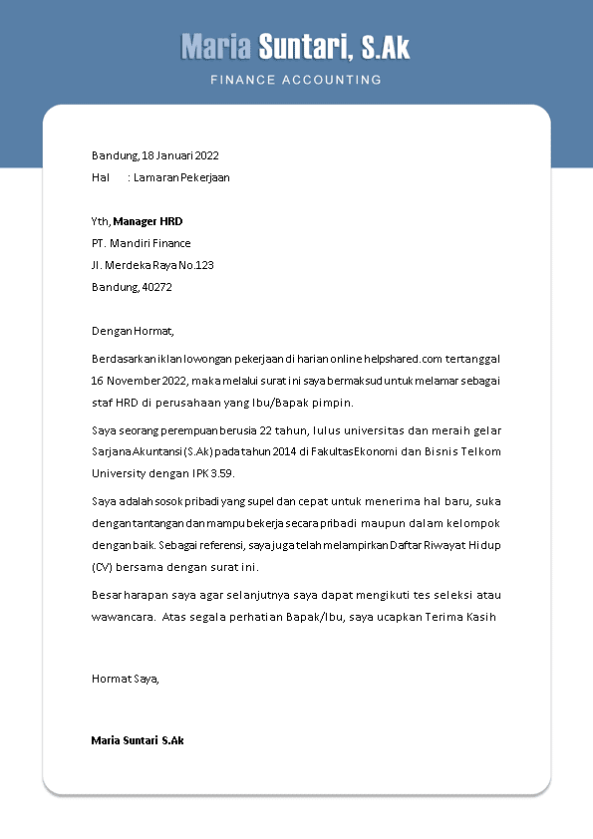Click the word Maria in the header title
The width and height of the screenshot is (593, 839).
point(216,47)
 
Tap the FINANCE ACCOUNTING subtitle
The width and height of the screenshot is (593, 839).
point(296,79)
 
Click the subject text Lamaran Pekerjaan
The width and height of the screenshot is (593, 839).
point(181,177)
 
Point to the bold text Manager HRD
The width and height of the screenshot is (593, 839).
point(148,221)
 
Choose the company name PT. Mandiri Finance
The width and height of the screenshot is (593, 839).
point(141,243)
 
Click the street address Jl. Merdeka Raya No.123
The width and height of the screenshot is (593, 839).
point(152,265)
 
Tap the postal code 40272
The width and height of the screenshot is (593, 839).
point(157,287)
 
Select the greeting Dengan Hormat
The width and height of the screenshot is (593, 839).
point(133,331)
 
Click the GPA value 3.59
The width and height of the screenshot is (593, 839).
point(218,473)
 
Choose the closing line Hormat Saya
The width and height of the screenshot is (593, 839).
point(126,679)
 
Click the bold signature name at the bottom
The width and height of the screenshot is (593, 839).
point(138,740)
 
